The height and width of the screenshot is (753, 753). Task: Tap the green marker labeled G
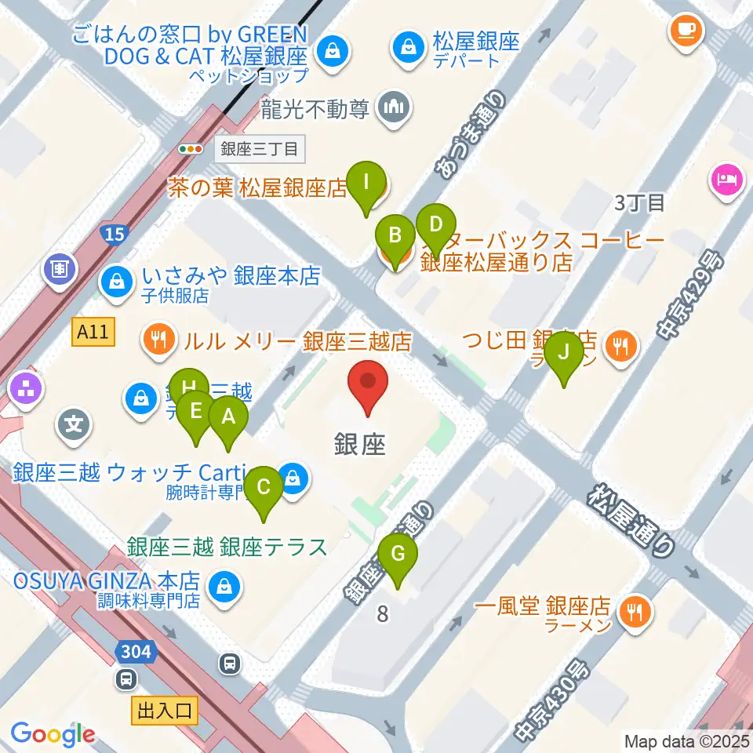pyautogui.click(x=398, y=555)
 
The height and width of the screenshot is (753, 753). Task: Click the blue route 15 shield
pyautogui.click(x=115, y=233)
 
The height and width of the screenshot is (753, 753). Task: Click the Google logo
pyautogui.click(x=53, y=734)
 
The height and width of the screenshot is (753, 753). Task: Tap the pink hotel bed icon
pyautogui.click(x=726, y=177)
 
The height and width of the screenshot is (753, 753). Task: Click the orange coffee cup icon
pyautogui.click(x=685, y=30)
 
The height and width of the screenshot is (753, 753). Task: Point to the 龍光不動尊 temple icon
pyautogui.click(x=392, y=108)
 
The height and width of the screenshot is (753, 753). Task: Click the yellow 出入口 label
pyautogui.click(x=165, y=712)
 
